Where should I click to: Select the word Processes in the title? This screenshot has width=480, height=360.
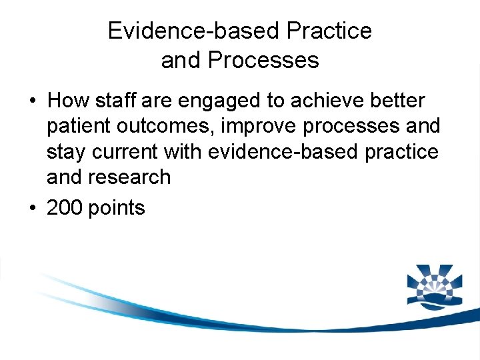[x=263, y=60]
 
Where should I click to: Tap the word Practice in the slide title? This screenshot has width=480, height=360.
[x=329, y=31]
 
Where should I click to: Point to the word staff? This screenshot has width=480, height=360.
[x=115, y=101]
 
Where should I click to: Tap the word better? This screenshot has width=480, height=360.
[x=399, y=101]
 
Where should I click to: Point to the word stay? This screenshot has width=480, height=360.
[x=67, y=153]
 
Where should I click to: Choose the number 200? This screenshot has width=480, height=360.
[x=65, y=208]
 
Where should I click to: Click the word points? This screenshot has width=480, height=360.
[x=117, y=209]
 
